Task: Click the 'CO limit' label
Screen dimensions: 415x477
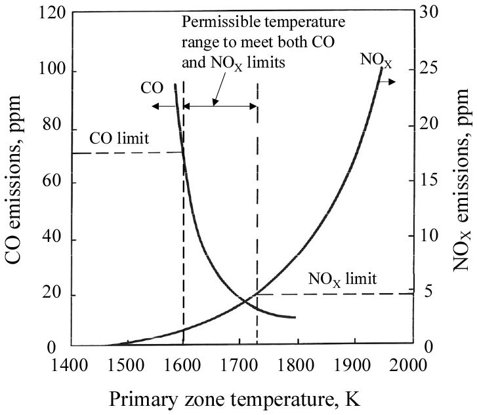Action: point(120,138)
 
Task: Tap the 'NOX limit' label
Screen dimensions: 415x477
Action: point(343,279)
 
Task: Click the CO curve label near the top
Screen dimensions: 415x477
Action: point(152,87)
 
